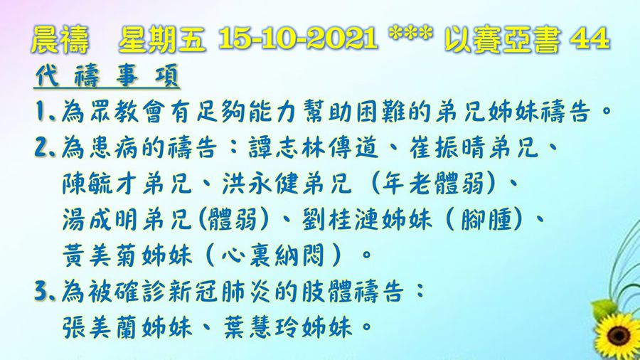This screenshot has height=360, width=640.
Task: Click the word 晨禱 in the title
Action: pyautogui.click(x=60, y=41)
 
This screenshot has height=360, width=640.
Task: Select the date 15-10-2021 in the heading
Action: pyautogui.click(x=299, y=41)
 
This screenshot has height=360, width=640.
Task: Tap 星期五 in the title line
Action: pyautogui.click(x=163, y=41)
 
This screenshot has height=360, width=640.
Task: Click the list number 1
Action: pyautogui.click(x=40, y=112)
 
